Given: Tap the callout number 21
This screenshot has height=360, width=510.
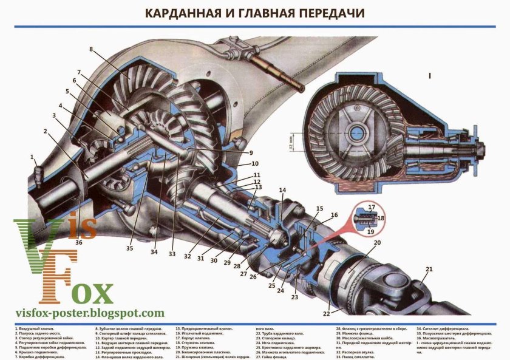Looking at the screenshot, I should (429, 269).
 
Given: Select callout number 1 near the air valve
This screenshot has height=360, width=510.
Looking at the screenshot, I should (32, 157).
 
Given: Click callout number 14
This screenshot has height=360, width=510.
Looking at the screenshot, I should (282, 191).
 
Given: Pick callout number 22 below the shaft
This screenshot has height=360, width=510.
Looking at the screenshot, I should (327, 313).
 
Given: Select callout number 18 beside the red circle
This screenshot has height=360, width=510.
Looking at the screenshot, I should (381, 218).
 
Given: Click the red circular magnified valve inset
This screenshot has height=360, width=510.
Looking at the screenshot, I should (362, 217).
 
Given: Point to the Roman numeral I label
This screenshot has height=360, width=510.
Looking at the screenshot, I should (429, 76).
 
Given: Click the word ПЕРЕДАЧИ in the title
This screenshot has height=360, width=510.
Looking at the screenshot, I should (325, 12).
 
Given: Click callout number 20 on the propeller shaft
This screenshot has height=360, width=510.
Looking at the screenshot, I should (377, 243).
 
